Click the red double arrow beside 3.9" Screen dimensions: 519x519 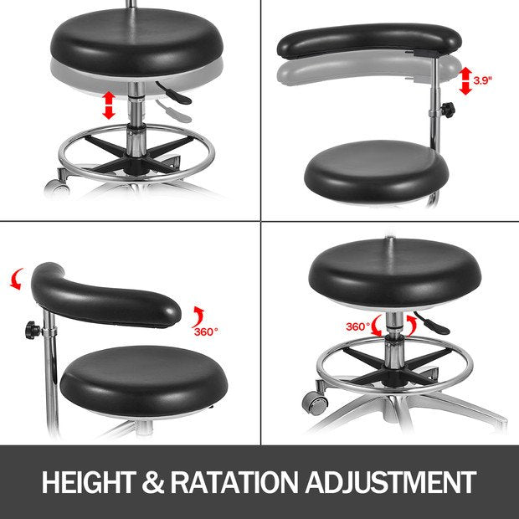click(465, 80)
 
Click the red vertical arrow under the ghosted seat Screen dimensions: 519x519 click(108, 105)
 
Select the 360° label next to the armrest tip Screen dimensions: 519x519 click(206, 331)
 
